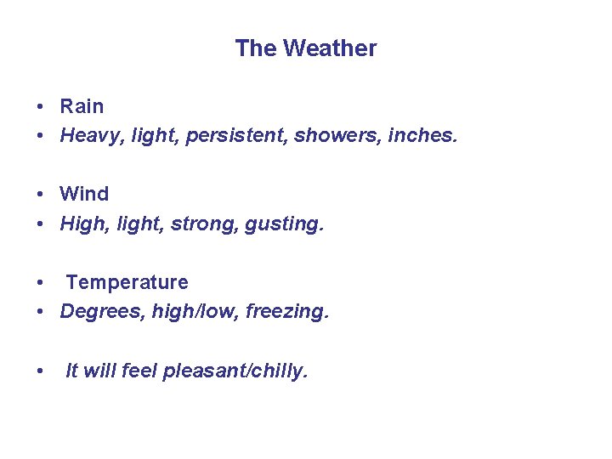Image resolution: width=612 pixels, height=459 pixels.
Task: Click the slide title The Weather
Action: pos(306,48)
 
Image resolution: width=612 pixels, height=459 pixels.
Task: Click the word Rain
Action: pos(82,106)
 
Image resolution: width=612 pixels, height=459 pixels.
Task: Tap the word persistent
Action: pos(244,135)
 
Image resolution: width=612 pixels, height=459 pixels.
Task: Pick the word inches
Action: pos(422,135)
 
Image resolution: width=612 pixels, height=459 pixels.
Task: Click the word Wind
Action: pos(84,194)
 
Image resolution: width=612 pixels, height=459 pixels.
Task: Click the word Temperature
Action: pos(127,282)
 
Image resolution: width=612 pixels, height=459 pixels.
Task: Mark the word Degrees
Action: pos(103,312)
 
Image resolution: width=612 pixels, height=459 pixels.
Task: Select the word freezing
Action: pos(286,312)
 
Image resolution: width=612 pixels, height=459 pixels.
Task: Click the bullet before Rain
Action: pos(40,107)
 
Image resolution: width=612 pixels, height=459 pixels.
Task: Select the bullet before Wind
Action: pos(40,195)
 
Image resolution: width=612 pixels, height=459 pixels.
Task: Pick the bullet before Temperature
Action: pos(40,283)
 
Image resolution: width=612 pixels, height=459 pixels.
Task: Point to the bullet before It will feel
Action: pos(40,372)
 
